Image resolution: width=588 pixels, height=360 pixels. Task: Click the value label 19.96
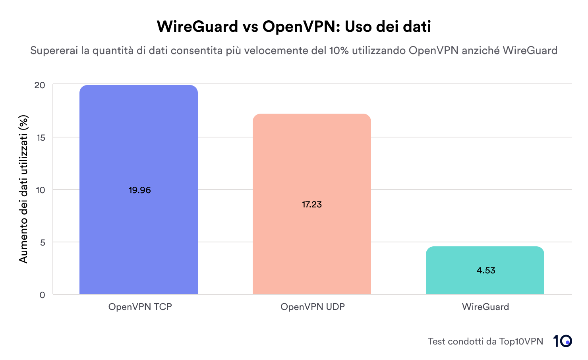[x=140, y=190]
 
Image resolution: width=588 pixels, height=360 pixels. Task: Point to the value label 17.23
[x=312, y=205]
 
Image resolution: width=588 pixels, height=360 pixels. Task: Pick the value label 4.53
[x=486, y=271]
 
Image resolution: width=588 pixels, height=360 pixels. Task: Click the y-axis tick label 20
[x=40, y=85]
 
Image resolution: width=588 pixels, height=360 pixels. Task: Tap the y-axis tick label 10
[x=40, y=190]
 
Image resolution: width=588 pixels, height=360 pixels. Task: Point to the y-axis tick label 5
[x=43, y=242]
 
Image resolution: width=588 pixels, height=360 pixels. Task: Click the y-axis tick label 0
[x=43, y=295]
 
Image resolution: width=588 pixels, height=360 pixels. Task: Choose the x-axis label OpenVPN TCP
[x=140, y=307]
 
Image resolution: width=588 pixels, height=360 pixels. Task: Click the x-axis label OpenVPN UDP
[x=312, y=307]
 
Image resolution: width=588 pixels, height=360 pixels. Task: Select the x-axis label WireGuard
[x=485, y=307]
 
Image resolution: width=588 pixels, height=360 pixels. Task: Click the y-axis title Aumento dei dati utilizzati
[x=24, y=189]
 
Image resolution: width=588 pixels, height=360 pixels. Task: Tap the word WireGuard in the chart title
[x=197, y=27]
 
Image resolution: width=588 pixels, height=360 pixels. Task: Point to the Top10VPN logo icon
[x=562, y=341]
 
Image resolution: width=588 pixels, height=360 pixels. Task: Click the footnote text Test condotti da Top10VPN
[x=485, y=341]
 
